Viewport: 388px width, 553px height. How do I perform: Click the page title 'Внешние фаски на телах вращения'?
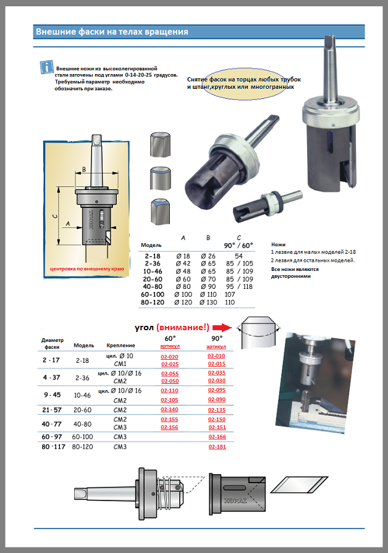click(x=112, y=31)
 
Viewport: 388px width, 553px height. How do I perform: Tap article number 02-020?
click(x=169, y=357)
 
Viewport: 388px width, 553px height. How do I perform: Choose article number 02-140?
click(x=169, y=410)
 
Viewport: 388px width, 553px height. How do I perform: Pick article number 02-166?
click(x=216, y=437)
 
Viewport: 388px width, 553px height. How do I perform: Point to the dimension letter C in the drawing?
click(x=55, y=216)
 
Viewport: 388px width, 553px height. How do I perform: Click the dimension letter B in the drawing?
click(x=83, y=168)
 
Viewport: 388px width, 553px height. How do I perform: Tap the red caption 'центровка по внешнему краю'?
click(x=87, y=270)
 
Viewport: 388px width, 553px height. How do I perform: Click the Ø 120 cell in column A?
click(x=185, y=302)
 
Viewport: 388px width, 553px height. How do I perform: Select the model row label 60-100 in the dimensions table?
click(x=152, y=295)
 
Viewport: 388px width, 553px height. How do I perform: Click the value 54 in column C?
click(x=238, y=255)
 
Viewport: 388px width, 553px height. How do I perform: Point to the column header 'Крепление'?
click(x=120, y=346)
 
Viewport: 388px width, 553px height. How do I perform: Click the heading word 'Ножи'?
click(x=279, y=244)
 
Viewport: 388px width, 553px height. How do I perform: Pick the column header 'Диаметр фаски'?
click(x=53, y=343)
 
